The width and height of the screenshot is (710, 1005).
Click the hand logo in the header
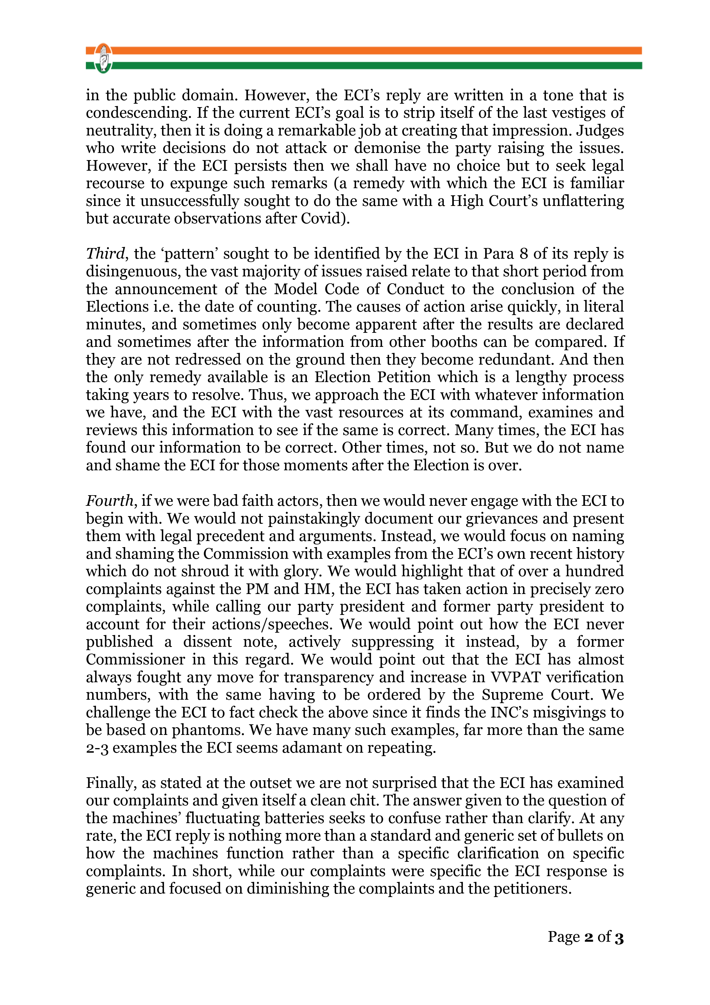103,58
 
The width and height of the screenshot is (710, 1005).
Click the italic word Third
105,254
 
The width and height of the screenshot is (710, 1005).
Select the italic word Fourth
109,501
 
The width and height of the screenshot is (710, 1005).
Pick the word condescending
138,113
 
